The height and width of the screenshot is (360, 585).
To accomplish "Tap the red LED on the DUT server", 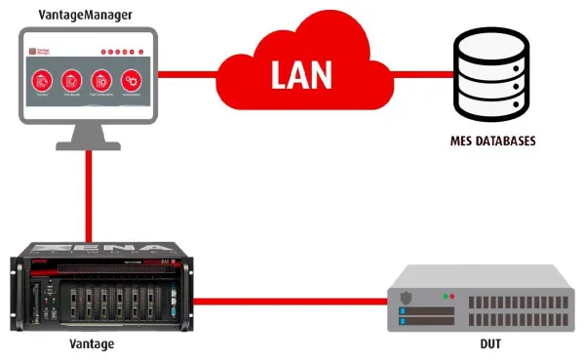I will pyautogui.click(x=451, y=295).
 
